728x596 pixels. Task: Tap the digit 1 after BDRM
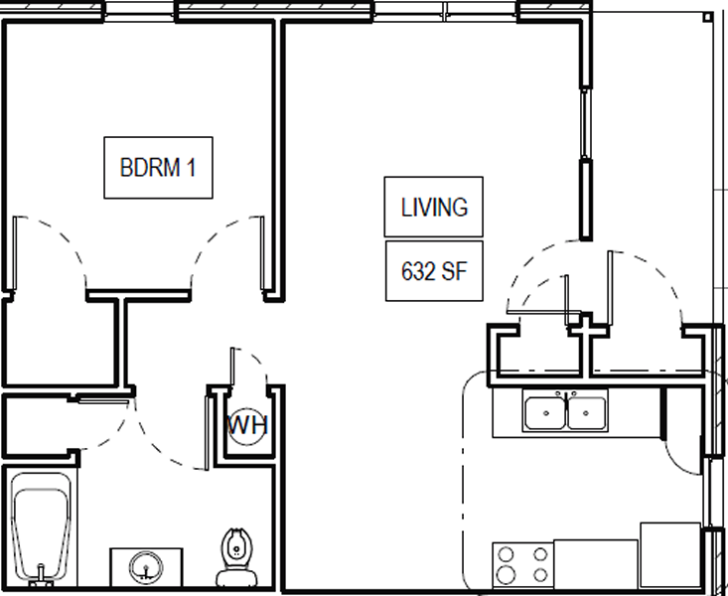coord(192,167)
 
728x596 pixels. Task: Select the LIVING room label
coord(434,208)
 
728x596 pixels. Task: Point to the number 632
coord(418,270)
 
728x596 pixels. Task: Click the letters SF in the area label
coord(454,270)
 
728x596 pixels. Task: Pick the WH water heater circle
coord(247,426)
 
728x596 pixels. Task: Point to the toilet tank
coord(236,575)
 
